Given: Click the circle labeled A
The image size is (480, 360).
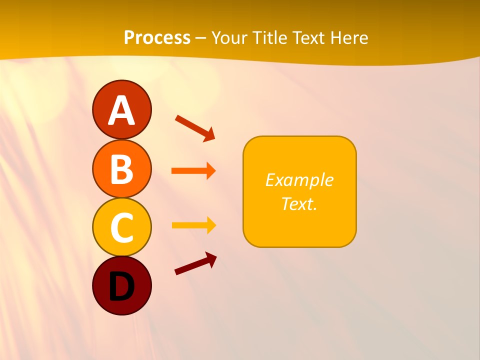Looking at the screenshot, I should [121, 109].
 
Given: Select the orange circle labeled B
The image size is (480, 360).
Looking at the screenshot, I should [121, 168].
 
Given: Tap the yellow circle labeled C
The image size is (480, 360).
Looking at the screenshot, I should [121, 227].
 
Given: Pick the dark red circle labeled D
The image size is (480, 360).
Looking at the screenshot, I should [121, 285].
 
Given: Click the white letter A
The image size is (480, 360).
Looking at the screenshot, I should [122, 110].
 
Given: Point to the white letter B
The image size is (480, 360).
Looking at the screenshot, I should [122, 169].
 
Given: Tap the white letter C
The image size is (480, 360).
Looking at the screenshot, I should [122, 227].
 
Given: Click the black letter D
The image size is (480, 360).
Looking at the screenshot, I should [122, 286].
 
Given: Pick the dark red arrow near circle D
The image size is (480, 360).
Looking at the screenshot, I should [195, 263].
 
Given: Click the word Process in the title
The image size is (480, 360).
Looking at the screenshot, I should [157, 38].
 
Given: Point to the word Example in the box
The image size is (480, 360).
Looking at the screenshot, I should [299, 180].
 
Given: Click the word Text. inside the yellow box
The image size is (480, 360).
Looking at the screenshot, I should [299, 203].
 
